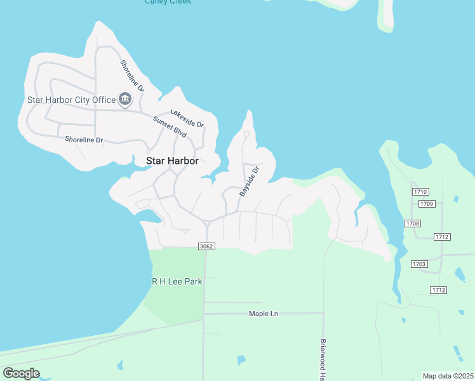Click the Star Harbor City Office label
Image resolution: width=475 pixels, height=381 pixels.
coord(71,100)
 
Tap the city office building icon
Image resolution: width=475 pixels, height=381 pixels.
coord(125,99)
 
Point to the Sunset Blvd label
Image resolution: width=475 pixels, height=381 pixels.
coord(170,127)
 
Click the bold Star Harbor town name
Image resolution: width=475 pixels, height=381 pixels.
coord(172,161)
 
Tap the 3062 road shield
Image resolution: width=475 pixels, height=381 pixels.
coord(206,246)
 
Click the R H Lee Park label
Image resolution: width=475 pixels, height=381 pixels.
coord(177,281)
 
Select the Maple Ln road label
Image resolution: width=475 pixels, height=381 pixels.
coord(264,314)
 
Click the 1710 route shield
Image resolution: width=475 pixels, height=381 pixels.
coord(420,191)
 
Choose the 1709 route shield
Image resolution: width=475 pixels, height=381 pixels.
coord(426,204)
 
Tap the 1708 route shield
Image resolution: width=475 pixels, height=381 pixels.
coord(412,224)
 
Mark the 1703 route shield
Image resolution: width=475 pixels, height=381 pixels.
coord(419,264)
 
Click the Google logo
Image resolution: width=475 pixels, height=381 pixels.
coord(21,373)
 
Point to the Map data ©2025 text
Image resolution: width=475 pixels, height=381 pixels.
coord(448,376)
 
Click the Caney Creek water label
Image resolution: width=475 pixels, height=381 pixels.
coord(168,2)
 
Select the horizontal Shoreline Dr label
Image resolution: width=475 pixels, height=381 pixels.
coord(84,140)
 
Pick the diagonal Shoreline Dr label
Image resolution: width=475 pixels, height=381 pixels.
coord(132,76)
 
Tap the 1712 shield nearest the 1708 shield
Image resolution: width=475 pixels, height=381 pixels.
coord(442,236)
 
